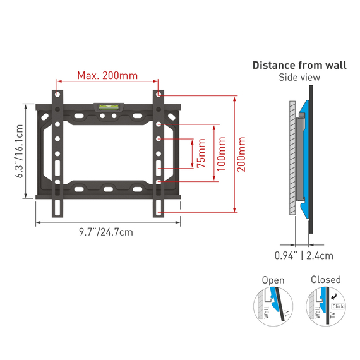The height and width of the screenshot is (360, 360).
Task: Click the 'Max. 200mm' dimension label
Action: point(107,76)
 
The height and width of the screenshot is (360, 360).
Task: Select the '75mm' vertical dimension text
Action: point(201,154)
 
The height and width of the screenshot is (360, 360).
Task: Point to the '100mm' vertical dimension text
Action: point(220,154)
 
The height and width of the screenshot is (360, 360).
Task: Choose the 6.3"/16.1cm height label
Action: point(20,152)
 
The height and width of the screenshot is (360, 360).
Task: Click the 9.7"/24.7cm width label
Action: point(106,232)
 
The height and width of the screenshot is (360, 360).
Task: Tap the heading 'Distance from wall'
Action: point(299,65)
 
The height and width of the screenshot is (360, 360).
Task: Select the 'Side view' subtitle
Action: point(299,78)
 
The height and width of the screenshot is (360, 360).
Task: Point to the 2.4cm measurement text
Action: point(320,256)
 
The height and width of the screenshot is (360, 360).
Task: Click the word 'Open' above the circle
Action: point(273,280)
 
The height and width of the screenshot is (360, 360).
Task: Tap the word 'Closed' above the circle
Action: point(325,279)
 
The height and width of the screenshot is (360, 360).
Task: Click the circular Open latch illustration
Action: point(272,307)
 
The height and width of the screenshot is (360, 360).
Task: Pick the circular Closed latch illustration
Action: point(325,307)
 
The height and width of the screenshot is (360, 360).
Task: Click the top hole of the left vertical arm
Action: point(57,93)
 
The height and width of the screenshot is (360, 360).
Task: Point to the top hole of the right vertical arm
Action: point(158,93)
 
